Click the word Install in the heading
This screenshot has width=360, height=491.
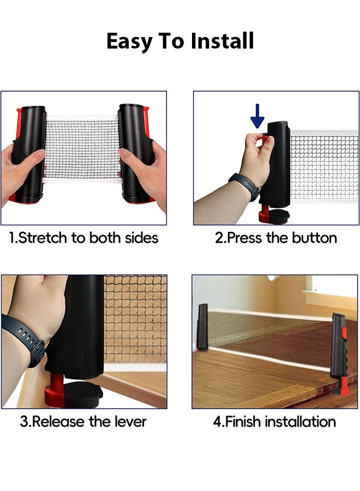222,41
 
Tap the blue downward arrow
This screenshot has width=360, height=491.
257,116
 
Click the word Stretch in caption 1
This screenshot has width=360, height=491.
43,238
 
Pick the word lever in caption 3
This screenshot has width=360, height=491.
130,422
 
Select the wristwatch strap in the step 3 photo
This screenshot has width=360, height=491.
25,338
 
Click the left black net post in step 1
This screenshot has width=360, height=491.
29,153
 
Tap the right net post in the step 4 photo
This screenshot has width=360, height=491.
339,351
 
